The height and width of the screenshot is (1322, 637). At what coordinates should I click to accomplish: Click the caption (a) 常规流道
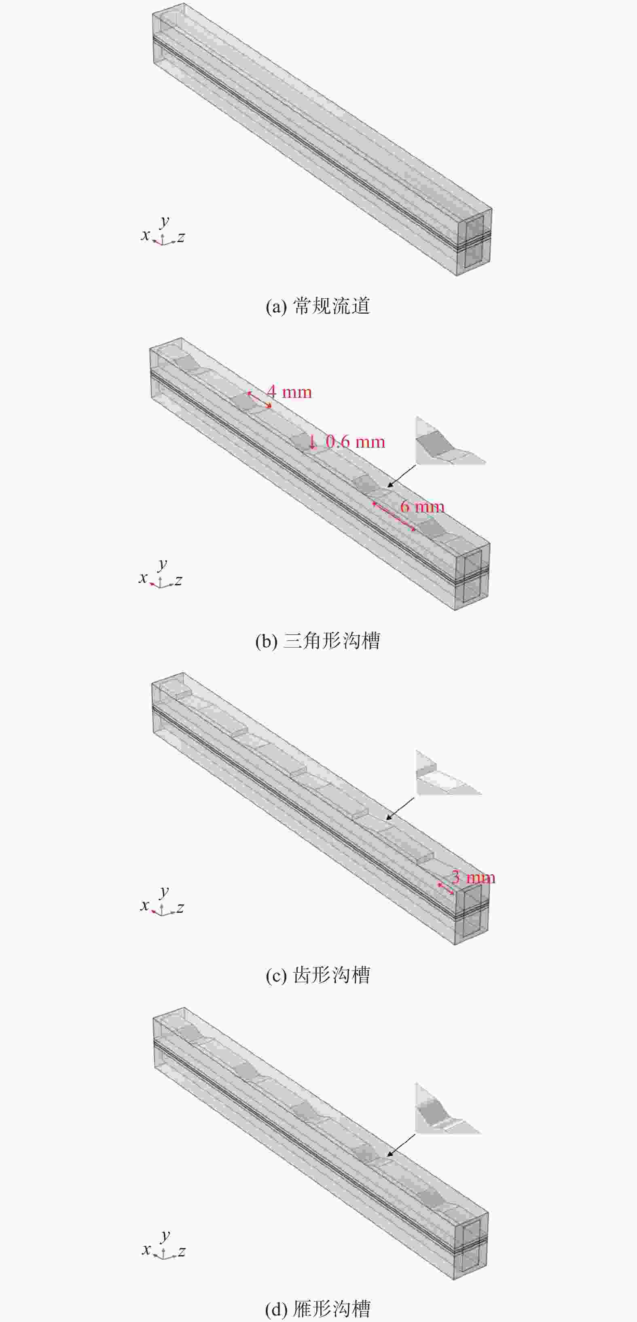pyautogui.click(x=318, y=306)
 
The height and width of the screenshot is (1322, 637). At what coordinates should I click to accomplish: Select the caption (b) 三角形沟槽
pyautogui.click(x=318, y=641)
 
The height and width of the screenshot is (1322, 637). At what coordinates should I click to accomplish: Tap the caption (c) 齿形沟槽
pyautogui.click(x=318, y=975)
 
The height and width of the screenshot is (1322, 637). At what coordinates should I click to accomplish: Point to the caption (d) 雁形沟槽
pyautogui.click(x=318, y=1309)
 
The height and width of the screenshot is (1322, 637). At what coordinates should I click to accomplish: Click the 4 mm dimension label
pyautogui.click(x=289, y=392)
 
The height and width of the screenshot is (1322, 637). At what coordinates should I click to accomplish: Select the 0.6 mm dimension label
pyautogui.click(x=356, y=442)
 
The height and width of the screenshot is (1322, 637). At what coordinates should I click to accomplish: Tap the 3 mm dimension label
pyautogui.click(x=473, y=877)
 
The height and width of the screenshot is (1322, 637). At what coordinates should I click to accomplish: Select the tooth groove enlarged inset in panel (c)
pyautogui.click(x=448, y=774)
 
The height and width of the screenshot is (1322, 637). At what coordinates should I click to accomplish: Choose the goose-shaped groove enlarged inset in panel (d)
pyautogui.click(x=447, y=1109)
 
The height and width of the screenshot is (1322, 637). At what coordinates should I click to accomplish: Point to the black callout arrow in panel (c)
pyautogui.click(x=400, y=808)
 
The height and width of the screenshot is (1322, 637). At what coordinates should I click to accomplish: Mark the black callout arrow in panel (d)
pyautogui.click(x=401, y=1146)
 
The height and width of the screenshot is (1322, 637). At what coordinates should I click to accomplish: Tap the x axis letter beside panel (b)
pyautogui.click(x=143, y=578)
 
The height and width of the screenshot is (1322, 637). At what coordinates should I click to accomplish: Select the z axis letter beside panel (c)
pyautogui.click(x=180, y=908)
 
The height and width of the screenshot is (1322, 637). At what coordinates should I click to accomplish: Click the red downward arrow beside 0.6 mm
pyautogui.click(x=312, y=441)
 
